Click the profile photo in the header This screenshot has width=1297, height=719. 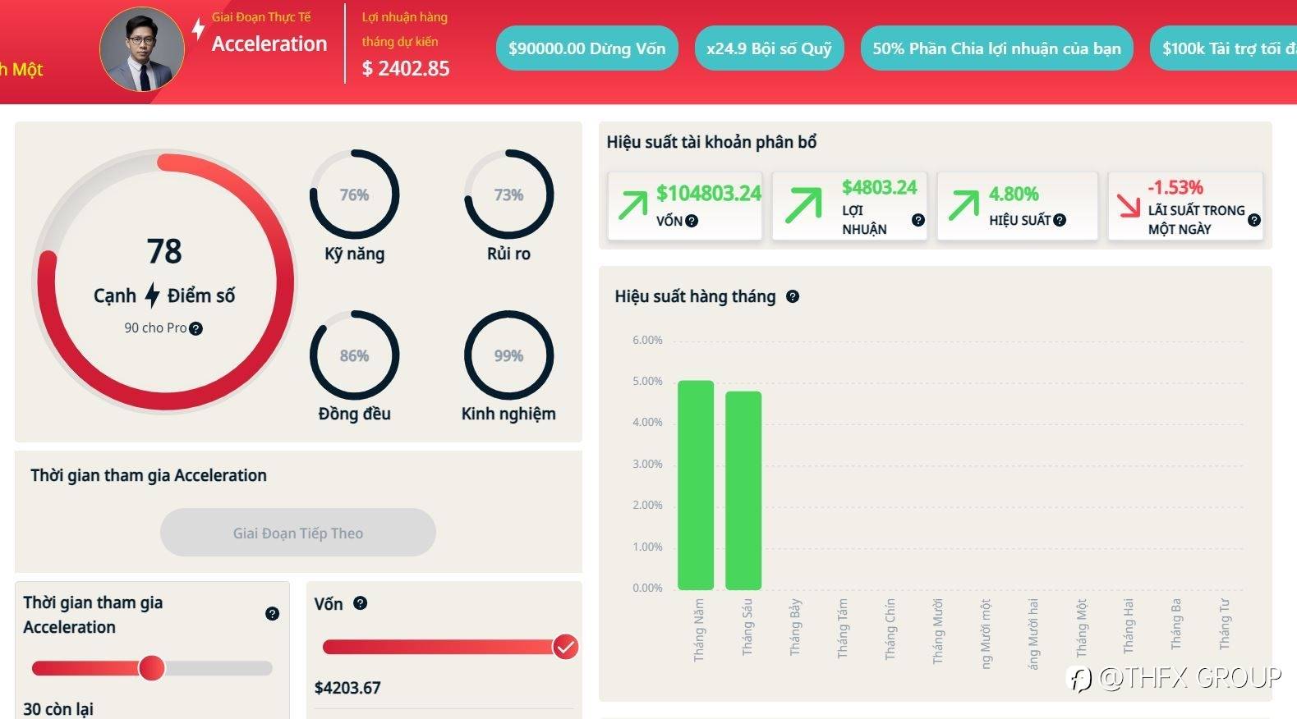[x=142, y=49]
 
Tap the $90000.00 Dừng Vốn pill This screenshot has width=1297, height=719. [x=586, y=48]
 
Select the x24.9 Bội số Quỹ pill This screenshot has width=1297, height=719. [x=769, y=48]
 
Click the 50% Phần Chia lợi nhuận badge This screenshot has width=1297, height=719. [x=996, y=48]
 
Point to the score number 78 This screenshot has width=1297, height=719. [x=164, y=251]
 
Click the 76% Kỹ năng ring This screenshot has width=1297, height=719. [x=354, y=195]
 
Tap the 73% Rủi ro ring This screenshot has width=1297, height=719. [x=508, y=195]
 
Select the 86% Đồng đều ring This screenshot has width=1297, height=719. [x=354, y=355]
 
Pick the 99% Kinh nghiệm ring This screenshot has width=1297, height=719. [x=508, y=355]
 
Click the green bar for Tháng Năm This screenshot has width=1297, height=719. [x=696, y=484]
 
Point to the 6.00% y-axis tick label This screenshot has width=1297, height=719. [x=647, y=340]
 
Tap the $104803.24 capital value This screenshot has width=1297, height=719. [x=708, y=194]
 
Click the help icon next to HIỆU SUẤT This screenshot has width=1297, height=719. [x=1060, y=220]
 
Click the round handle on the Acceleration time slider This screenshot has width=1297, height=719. [x=151, y=668]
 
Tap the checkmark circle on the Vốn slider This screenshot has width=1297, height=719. [x=565, y=647]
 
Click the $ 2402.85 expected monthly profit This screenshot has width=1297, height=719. [x=406, y=69]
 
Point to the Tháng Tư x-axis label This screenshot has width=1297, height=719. [x=1225, y=624]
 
